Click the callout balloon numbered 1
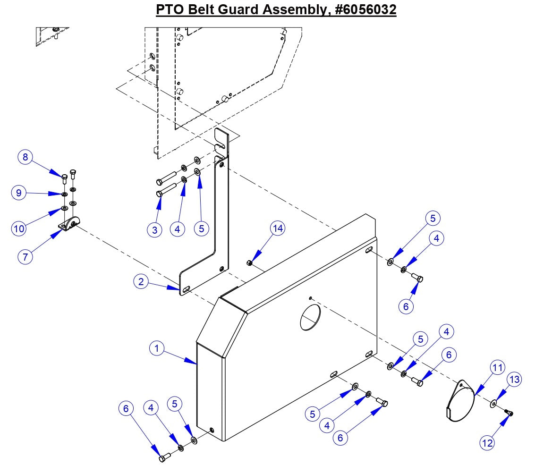[157, 349]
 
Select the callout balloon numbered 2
[141, 282]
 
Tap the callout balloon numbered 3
[154, 229]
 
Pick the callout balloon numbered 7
[25, 257]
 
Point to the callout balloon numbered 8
[26, 157]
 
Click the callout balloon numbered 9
[19, 193]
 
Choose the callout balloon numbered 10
[19, 229]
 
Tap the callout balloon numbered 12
[487, 442]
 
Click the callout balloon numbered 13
[515, 380]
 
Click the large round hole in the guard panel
[310, 317]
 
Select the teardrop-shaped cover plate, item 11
[460, 398]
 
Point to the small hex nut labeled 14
[249, 262]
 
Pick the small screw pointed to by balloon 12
[509, 414]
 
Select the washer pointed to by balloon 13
[493, 403]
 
